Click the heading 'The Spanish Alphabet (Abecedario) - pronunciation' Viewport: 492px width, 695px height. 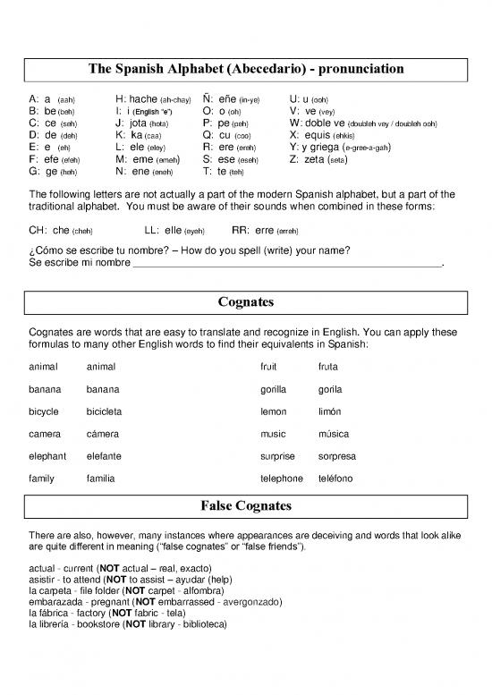click(246, 69)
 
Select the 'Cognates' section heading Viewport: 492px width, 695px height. click(246, 302)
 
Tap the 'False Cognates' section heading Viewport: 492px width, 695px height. click(246, 508)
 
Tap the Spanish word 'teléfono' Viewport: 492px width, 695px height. click(335, 479)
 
